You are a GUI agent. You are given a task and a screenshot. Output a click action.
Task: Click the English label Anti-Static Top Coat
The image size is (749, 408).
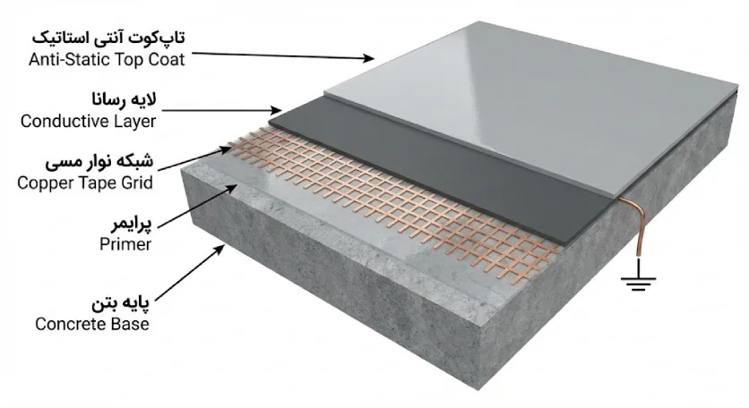[107, 60]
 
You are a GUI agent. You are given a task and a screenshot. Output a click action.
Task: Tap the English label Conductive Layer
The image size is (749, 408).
[89, 121]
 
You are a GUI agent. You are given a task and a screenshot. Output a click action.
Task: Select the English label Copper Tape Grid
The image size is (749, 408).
[85, 183]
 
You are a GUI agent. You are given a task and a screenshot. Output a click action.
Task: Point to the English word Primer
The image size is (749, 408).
[125, 244]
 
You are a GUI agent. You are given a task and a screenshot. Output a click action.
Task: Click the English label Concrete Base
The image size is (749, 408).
[92, 324]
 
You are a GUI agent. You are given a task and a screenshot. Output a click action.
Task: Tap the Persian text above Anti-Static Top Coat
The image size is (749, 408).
[108, 38]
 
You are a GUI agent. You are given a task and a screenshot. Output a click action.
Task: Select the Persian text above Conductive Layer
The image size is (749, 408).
[125, 99]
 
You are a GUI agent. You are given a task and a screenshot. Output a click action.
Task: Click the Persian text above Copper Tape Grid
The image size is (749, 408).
[99, 161]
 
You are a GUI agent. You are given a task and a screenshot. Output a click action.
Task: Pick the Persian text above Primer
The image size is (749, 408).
[132, 223]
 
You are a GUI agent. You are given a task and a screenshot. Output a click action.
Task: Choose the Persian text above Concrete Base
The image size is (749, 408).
[120, 303]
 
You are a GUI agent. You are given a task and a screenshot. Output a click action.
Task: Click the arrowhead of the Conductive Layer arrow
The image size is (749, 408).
[276, 111]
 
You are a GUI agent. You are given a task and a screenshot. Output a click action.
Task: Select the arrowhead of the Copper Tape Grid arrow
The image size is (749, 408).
[226, 150]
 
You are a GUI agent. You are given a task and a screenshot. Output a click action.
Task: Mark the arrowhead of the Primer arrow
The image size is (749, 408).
[232, 189]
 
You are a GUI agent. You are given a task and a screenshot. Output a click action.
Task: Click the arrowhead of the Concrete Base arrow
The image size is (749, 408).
[220, 249]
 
